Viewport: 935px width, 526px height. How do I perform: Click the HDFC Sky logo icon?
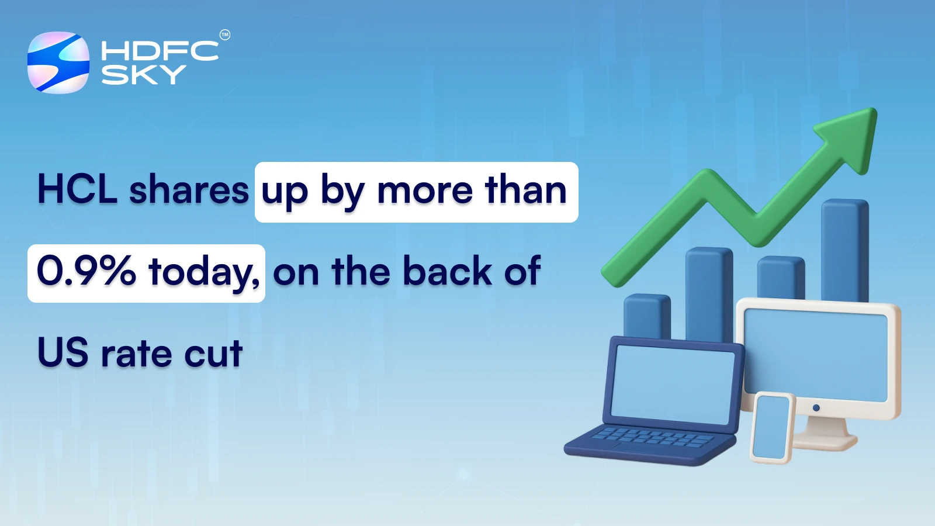point(58,63)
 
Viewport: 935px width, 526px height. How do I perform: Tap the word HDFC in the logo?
point(160,51)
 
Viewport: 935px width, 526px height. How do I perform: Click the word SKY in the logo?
point(143,75)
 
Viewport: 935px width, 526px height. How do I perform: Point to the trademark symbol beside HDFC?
point(225,35)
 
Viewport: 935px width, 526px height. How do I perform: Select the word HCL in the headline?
point(77,190)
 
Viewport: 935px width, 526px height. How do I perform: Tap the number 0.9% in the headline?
point(86,271)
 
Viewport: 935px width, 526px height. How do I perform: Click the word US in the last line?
point(63,353)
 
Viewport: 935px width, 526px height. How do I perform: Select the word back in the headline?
point(447,271)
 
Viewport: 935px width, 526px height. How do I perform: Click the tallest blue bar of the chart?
point(844,248)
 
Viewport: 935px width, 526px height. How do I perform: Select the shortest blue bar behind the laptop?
point(646,316)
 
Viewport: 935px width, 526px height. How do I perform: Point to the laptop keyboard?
point(652,437)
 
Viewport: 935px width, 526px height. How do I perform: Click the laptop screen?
point(672,383)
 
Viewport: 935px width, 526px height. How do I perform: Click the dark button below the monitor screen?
point(816,407)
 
